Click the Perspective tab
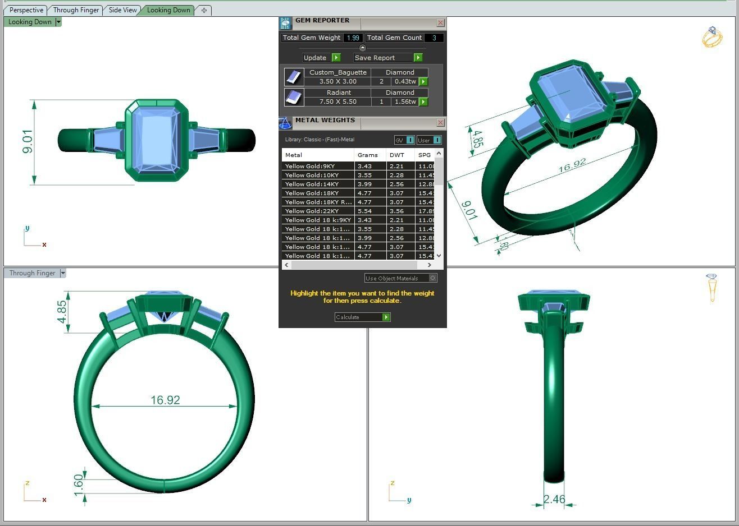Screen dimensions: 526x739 click(x=26, y=10)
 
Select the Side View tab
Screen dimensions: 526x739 click(x=122, y=10)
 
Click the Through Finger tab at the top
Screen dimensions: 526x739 click(x=76, y=10)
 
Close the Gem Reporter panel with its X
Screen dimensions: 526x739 click(x=440, y=22)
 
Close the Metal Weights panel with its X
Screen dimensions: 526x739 click(x=440, y=122)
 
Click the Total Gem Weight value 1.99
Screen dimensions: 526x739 click(x=353, y=38)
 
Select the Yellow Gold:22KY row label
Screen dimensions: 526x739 click(x=312, y=211)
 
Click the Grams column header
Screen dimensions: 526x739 click(x=368, y=155)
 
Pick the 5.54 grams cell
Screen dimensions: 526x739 click(x=365, y=211)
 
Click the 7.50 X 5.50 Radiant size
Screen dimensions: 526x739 click(x=337, y=101)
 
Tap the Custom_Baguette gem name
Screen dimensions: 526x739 click(x=337, y=72)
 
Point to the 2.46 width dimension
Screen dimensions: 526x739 click(x=554, y=499)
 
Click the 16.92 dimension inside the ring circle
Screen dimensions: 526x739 click(x=165, y=400)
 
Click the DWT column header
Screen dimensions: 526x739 click(x=397, y=155)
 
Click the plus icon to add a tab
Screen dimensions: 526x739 click(x=204, y=10)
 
